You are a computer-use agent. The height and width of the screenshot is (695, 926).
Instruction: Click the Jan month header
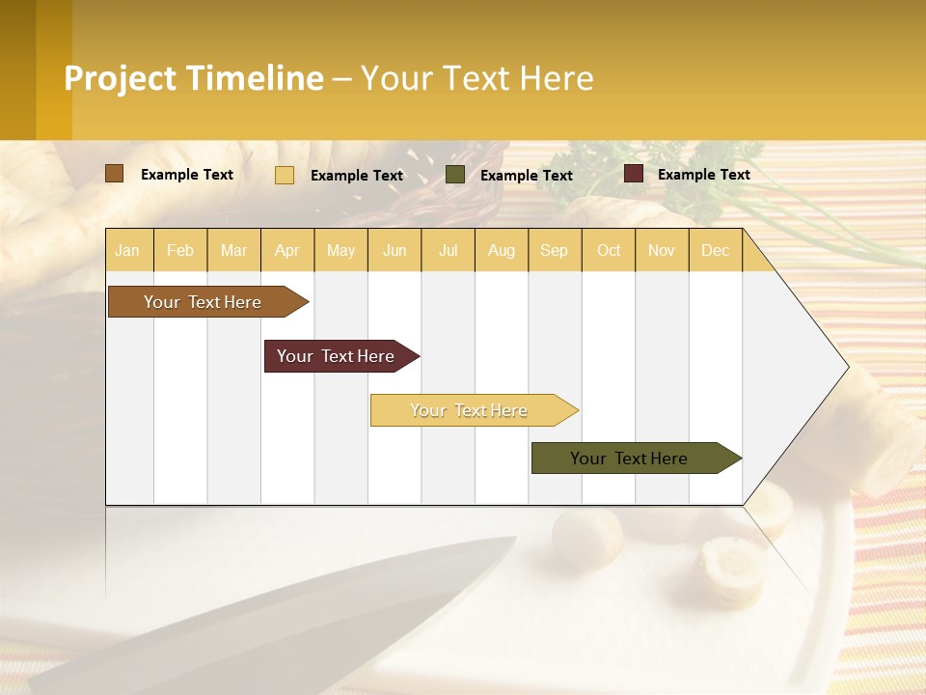pyautogui.click(x=127, y=250)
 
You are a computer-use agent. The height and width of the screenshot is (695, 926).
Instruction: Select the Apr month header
pyautogui.click(x=287, y=250)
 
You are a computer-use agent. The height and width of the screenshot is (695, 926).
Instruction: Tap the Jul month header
pyautogui.click(x=448, y=250)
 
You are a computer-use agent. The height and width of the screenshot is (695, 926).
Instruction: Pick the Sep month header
pyautogui.click(x=554, y=250)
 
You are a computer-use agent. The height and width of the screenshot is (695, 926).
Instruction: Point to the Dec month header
pyautogui.click(x=715, y=250)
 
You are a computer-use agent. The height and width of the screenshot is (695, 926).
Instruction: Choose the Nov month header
pyautogui.click(x=661, y=250)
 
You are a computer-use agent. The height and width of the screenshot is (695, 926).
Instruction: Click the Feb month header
pyautogui.click(x=180, y=250)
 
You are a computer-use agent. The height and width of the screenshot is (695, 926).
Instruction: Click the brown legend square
pyautogui.click(x=114, y=174)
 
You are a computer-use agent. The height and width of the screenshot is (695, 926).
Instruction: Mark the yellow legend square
pyautogui.click(x=285, y=175)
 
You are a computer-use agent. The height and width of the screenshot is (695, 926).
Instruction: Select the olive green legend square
pyautogui.click(x=455, y=175)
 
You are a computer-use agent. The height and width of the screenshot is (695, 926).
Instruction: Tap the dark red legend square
pyautogui.click(x=634, y=174)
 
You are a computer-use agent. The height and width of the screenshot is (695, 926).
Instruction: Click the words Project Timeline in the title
pyautogui.click(x=193, y=78)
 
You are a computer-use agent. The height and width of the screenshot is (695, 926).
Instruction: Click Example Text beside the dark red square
pyautogui.click(x=703, y=175)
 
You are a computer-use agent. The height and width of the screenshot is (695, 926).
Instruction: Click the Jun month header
pyautogui.click(x=395, y=250)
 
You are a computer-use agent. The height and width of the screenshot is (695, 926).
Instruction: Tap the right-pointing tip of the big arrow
pyautogui.click(x=846, y=367)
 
